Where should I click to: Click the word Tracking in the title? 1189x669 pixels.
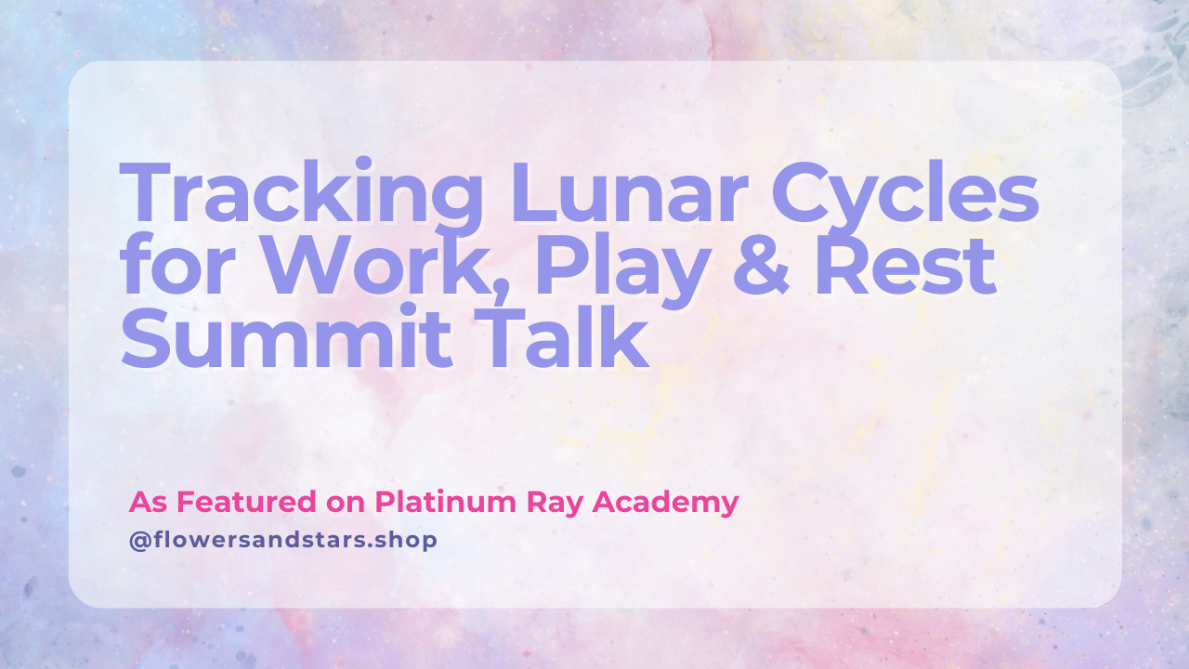(x=301, y=195)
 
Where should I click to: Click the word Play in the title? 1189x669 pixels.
(x=623, y=271)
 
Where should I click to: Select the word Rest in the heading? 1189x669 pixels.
(x=905, y=265)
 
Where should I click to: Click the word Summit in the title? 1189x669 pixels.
(x=287, y=336)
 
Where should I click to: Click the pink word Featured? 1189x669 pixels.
(x=246, y=502)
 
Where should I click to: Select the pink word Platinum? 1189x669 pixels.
(x=445, y=502)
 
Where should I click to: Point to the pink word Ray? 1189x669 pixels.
(x=555, y=504)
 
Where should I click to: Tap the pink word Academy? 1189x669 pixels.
(x=666, y=504)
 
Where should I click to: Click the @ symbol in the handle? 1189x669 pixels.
(x=140, y=541)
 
